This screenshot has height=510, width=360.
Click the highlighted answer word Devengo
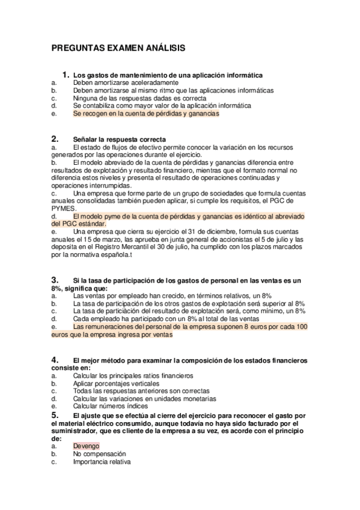click(86, 446)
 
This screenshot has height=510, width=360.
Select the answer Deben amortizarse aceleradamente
click(125, 82)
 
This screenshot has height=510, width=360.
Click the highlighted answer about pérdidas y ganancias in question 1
click(146, 112)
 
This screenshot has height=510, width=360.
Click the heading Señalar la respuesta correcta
click(119, 140)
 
